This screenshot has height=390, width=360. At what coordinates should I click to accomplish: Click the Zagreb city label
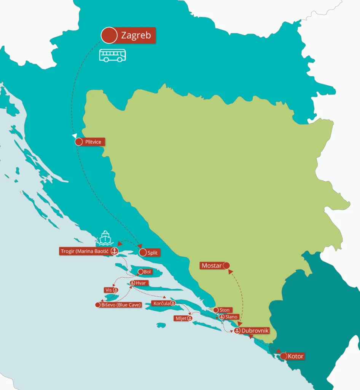[136, 35]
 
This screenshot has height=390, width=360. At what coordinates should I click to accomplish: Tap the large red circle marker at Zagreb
[109, 35]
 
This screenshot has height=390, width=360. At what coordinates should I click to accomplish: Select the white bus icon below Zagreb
[112, 55]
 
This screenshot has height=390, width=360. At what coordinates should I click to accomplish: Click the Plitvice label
[93, 142]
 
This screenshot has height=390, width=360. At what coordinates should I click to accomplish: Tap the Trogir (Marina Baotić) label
[84, 251]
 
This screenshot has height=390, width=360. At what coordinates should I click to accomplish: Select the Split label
[152, 253]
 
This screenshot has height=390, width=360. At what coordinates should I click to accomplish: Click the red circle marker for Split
[143, 253]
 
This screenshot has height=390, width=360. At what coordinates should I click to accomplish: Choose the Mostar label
[211, 265]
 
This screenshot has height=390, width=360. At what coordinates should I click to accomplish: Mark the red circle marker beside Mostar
[226, 265]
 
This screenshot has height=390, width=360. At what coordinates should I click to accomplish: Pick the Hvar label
[140, 283]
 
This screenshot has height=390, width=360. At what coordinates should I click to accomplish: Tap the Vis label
[108, 290]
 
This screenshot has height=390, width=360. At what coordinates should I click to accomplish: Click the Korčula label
[161, 304]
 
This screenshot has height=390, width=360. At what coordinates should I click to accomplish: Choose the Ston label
[224, 310]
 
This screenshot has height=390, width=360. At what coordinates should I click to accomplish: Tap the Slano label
[231, 317]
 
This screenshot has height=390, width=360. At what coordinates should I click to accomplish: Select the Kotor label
[296, 356]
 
